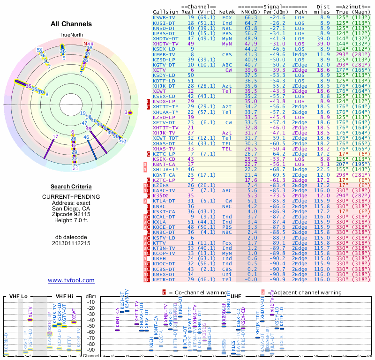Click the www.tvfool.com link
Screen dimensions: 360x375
tap(71, 280)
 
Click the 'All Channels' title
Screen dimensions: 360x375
tap(71, 24)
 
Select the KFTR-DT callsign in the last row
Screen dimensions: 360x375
tap(164, 279)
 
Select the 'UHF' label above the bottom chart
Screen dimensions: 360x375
tap(236, 296)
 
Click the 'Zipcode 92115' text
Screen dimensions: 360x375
tap(71, 214)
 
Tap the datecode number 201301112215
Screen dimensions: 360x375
tap(71, 243)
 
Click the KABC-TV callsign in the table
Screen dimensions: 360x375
tap(164, 191)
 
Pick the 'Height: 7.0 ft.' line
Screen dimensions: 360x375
tap(71, 220)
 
